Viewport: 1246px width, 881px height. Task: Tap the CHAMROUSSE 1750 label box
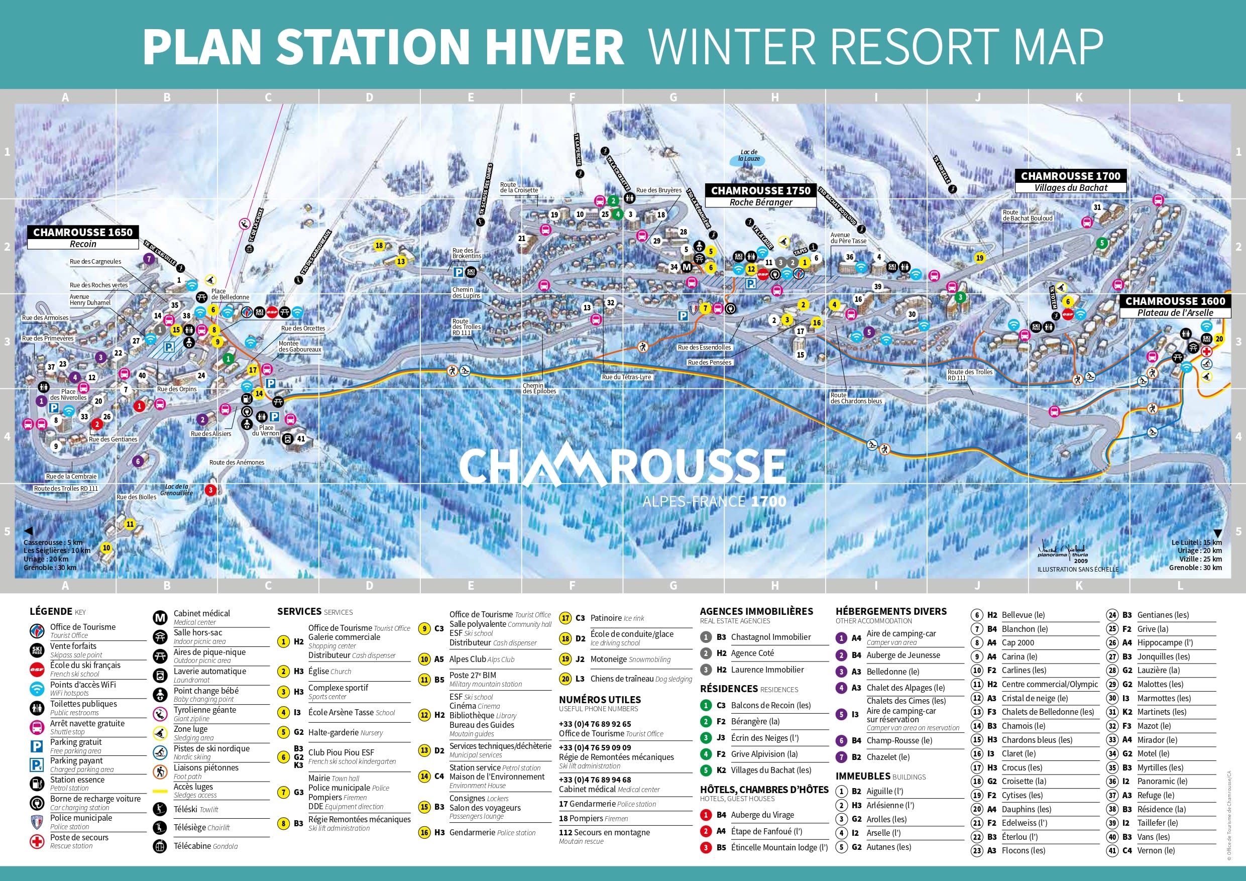coord(760,190)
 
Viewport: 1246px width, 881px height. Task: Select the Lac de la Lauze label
coord(749,156)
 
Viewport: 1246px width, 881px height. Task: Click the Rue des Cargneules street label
coord(95,262)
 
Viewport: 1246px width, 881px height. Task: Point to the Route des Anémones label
coord(237,463)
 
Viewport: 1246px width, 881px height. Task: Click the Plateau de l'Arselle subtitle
coord(1175,312)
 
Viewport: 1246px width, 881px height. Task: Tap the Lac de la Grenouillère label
coord(177,490)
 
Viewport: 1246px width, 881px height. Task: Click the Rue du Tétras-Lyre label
coord(626,377)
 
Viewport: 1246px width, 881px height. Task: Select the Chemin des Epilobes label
coord(539,388)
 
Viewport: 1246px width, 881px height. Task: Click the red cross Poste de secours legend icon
coord(37,841)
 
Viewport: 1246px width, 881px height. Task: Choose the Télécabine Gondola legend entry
coord(205,846)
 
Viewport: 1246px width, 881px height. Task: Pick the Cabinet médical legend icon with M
coord(160,617)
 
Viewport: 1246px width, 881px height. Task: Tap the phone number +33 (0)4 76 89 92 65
coord(595,724)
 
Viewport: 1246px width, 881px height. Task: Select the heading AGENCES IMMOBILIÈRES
coord(756,611)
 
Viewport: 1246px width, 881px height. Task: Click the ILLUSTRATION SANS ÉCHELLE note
coord(1078,570)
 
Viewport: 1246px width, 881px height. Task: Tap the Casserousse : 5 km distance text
coord(53,542)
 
